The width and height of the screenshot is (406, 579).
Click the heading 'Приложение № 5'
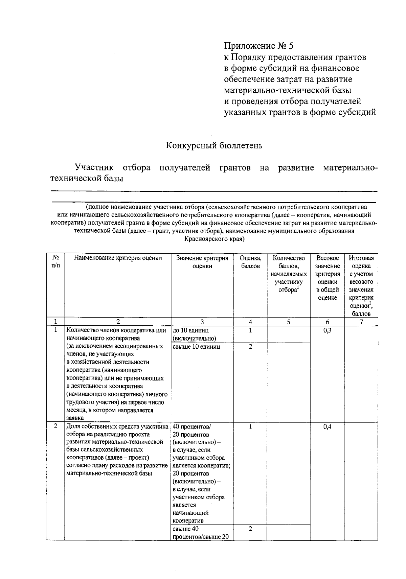pos(259,46)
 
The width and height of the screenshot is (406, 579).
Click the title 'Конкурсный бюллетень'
pos(214,146)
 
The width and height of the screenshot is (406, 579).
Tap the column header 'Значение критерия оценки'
pos(202,262)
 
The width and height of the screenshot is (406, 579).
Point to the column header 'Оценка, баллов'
pos(250,262)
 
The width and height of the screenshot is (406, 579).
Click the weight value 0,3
pos(327,330)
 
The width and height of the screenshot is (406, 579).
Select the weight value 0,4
pos(327,427)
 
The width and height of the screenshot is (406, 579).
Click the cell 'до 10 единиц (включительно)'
pos(195,334)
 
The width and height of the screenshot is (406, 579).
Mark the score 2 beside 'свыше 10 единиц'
pos(250,347)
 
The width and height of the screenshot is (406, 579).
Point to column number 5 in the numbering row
pos(289,322)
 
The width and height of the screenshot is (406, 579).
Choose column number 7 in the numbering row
pos(361,322)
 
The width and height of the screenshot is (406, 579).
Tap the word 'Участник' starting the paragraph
pos(94,168)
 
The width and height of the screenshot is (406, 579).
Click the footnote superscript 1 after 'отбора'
pos(297,288)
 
